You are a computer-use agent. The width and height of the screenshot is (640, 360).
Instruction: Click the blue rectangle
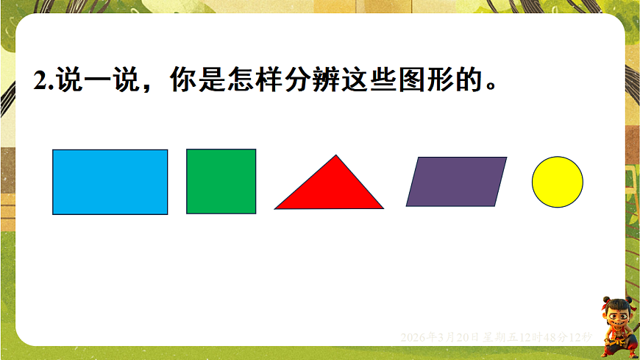[110, 182]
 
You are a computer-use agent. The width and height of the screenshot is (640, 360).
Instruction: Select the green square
[221, 181]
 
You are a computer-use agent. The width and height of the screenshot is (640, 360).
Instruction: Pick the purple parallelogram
[456, 181]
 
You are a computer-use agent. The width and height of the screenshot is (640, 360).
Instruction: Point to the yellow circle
[558, 182]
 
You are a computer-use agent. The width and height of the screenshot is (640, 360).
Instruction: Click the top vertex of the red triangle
[336, 155]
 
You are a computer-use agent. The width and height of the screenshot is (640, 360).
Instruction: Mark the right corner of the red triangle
[383, 208]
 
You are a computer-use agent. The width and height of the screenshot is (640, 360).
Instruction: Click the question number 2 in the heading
[40, 80]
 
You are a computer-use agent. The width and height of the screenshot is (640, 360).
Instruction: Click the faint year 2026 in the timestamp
[412, 337]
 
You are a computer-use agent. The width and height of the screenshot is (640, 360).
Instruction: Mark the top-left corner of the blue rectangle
[53, 150]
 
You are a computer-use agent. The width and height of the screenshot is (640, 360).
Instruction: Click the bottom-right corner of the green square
[255, 213]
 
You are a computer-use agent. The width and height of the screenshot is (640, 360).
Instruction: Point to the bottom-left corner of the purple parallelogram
[407, 205]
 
